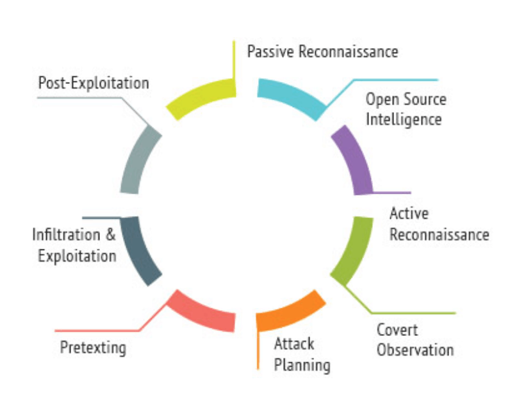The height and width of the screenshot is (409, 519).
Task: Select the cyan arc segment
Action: [292, 96]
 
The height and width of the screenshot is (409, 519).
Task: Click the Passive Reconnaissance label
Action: [323, 52]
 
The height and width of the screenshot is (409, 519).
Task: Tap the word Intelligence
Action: [404, 119]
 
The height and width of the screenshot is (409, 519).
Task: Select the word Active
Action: [409, 213]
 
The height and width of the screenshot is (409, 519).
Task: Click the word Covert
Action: [397, 330]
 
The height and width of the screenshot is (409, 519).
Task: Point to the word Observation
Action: [415, 350]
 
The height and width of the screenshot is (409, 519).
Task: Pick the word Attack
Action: [294, 344]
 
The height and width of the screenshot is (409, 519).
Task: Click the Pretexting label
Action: [93, 347]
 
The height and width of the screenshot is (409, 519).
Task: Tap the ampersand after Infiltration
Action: [111, 235]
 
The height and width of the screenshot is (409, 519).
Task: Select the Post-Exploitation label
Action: [94, 83]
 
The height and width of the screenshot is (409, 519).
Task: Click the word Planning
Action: [302, 365]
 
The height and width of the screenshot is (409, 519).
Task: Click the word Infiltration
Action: [66, 235]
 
